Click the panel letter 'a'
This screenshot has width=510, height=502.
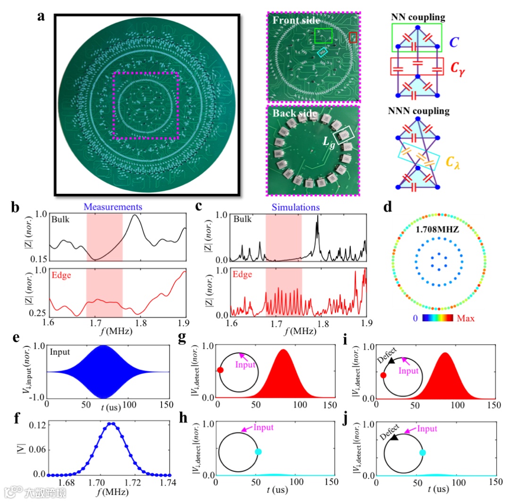click(42, 17)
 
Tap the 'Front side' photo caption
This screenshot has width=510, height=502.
click(296, 21)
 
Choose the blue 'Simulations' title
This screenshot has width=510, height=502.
click(299, 207)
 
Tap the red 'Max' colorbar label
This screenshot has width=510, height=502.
click(466, 318)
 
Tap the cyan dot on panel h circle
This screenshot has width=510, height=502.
click(258, 452)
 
